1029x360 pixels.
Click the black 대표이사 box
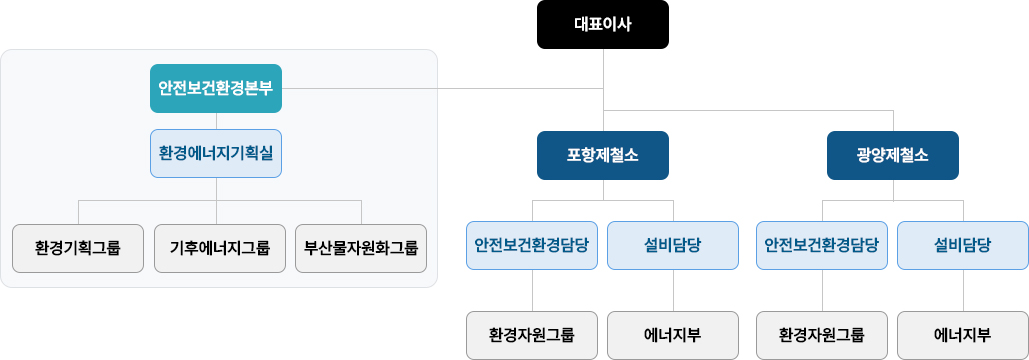[x=602, y=24]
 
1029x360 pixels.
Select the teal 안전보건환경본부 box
[x=216, y=88]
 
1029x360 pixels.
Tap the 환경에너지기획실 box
[x=216, y=153]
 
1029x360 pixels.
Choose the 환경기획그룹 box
[x=78, y=249]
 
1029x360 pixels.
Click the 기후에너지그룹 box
[x=220, y=249]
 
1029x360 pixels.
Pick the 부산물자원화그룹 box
[x=361, y=249]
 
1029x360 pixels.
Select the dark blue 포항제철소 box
[x=602, y=155]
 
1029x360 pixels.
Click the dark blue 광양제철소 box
[x=892, y=155]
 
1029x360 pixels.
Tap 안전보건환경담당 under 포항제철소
[x=532, y=245]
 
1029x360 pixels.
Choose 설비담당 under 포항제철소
[x=673, y=245]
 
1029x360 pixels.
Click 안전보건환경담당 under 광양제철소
[x=822, y=245]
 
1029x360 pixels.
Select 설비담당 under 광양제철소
[x=963, y=245]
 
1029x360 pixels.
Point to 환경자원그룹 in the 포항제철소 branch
[x=532, y=335]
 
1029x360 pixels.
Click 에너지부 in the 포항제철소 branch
[x=673, y=335]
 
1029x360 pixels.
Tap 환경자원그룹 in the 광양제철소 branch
[x=822, y=335]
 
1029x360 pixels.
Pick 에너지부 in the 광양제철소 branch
[x=963, y=335]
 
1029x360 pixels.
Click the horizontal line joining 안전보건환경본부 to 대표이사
[x=442, y=88]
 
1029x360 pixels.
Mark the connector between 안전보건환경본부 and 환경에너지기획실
[x=217, y=121]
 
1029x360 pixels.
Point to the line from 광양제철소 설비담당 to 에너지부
[x=963, y=290]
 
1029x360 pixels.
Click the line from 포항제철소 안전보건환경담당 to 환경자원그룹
[x=532, y=290]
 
